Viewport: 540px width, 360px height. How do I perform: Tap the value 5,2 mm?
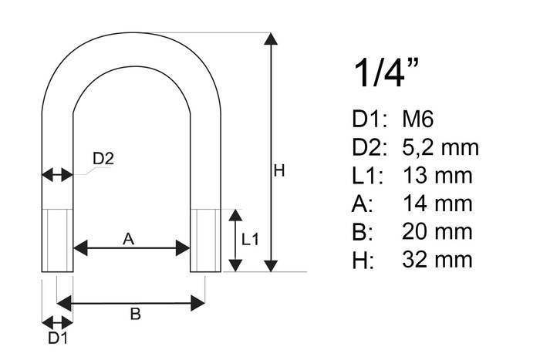(440, 147)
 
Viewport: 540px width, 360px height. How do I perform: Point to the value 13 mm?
(437, 175)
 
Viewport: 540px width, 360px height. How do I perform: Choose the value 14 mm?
(437, 204)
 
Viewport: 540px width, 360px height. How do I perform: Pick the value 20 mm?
(437, 231)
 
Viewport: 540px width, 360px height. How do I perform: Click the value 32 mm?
(437, 260)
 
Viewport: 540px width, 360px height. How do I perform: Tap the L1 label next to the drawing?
(250, 240)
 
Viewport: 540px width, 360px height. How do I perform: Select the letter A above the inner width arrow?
(129, 240)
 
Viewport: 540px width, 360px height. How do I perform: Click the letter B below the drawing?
(134, 314)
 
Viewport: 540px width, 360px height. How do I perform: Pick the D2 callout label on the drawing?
(103, 160)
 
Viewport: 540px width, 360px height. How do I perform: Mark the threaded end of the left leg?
(57, 240)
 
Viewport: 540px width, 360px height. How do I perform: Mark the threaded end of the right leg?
(205, 240)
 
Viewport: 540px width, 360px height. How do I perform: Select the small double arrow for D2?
(57, 175)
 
